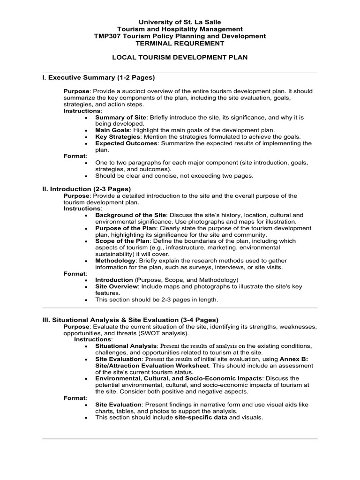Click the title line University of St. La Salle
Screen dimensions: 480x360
180,22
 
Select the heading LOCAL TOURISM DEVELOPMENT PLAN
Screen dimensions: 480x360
180,57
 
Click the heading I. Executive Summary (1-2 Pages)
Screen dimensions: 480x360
98,77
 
